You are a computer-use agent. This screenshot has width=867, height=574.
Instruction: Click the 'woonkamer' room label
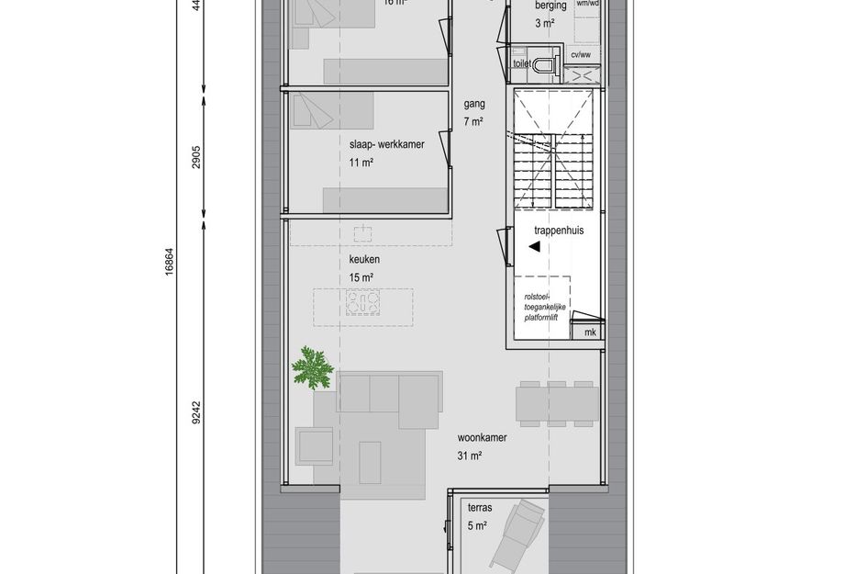(x=482, y=438)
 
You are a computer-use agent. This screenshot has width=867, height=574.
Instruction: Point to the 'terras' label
(x=479, y=508)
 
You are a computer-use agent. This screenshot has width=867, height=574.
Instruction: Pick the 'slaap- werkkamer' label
(x=386, y=145)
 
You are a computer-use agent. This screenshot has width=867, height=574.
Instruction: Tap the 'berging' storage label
(x=550, y=6)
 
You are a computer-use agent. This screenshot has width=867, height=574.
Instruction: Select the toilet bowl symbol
(x=547, y=64)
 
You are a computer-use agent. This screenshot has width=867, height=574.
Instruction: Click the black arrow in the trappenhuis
(x=534, y=245)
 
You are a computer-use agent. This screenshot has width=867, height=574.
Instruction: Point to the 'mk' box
(x=590, y=332)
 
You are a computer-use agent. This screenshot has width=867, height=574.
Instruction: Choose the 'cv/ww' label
(x=581, y=55)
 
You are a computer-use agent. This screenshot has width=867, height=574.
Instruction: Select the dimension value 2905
(x=195, y=155)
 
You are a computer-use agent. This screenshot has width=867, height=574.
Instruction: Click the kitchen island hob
(x=363, y=302)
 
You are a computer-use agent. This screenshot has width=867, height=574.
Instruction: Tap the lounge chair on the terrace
(x=516, y=537)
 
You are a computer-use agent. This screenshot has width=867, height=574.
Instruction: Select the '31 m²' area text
(x=469, y=456)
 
